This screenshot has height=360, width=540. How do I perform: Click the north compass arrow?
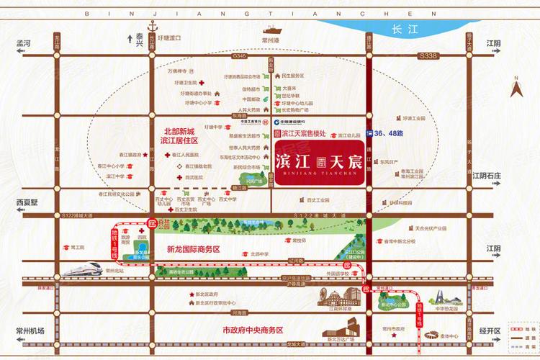(x=517, y=90)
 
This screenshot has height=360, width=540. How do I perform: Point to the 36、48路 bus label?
(x=390, y=132)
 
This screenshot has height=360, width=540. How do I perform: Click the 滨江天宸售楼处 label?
(x=305, y=133)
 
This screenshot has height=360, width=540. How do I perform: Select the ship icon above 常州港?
(x=271, y=30)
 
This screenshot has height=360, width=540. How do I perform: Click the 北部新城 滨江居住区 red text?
(x=181, y=136)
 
